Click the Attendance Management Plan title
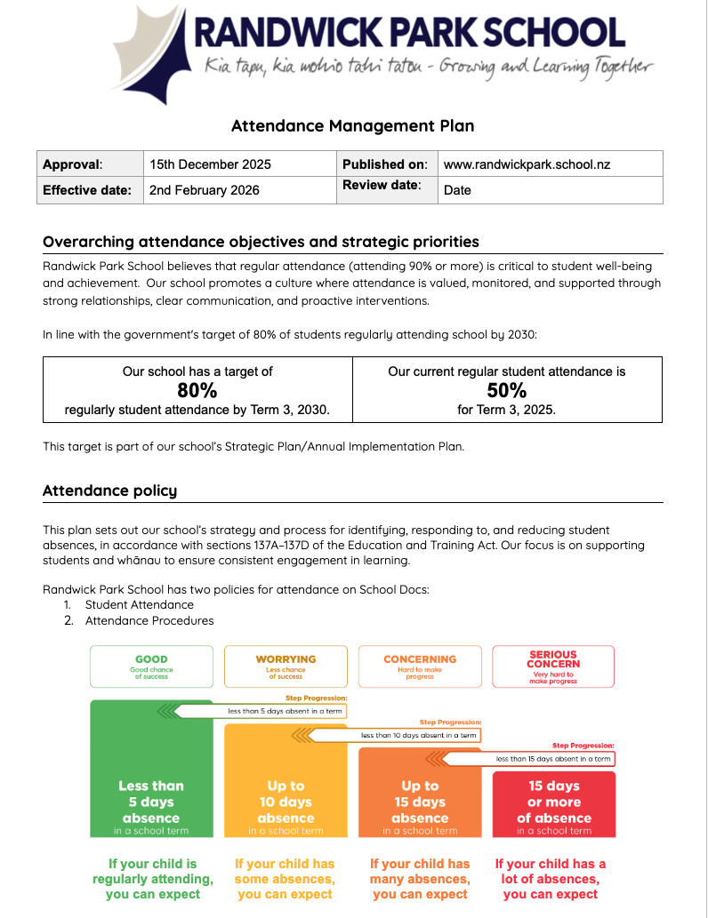(x=352, y=125)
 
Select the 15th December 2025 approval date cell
(x=210, y=164)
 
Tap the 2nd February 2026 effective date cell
(x=205, y=190)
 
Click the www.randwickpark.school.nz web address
(x=527, y=164)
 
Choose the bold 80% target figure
(x=197, y=390)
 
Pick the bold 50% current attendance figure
(x=506, y=390)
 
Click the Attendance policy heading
(x=109, y=491)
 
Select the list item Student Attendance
(x=139, y=604)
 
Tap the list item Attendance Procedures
(x=149, y=620)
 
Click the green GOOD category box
(x=151, y=667)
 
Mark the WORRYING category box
(x=286, y=667)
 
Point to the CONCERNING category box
(x=420, y=667)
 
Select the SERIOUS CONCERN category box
(x=553, y=667)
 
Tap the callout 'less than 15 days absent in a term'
(x=552, y=759)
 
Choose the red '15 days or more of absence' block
(x=553, y=803)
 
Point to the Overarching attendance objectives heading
(x=261, y=242)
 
